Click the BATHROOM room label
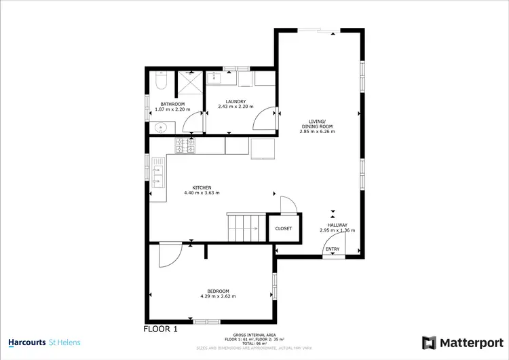pyautogui.click(x=172, y=104)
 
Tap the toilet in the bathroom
pyautogui.click(x=160, y=82)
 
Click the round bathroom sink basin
pyautogui.click(x=160, y=126)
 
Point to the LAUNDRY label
pyautogui.click(x=235, y=101)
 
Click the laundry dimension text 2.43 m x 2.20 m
pyautogui.click(x=235, y=107)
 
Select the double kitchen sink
pyautogui.click(x=157, y=174)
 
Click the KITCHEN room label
pyautogui.click(x=202, y=187)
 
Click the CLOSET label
pyautogui.click(x=283, y=229)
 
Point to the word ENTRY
pyautogui.click(x=333, y=249)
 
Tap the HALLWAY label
pyautogui.click(x=337, y=225)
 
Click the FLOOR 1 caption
pyautogui.click(x=161, y=329)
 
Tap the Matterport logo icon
pyautogui.click(x=428, y=342)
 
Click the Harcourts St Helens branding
pyautogui.click(x=44, y=342)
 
